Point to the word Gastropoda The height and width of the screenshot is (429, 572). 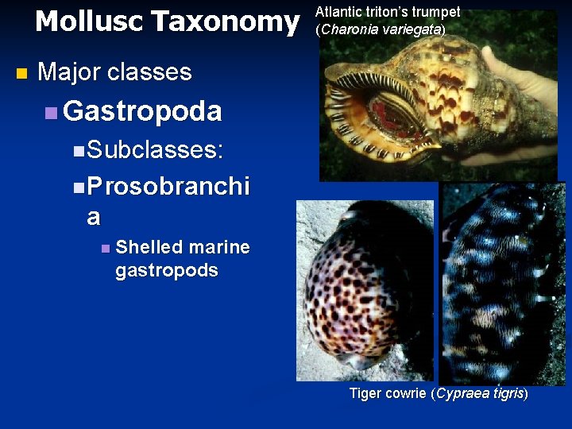(142, 111)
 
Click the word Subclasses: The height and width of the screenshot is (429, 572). (155, 149)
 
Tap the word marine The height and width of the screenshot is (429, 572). (220, 248)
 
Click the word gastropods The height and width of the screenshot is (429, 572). (166, 270)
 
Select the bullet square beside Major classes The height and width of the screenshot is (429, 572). (21, 74)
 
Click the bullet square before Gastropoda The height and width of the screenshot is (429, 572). (51, 113)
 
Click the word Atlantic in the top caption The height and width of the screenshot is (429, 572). (337, 12)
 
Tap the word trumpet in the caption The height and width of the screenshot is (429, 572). (435, 12)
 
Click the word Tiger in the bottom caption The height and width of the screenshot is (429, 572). (365, 393)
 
